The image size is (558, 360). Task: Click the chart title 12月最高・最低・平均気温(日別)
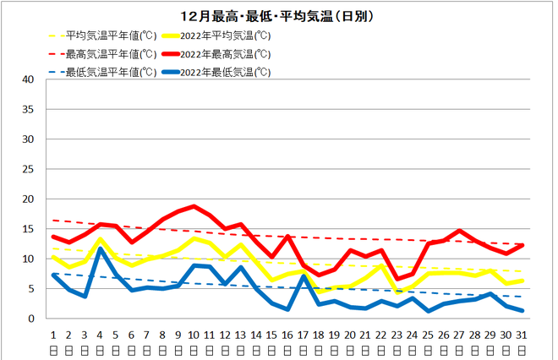[279, 16]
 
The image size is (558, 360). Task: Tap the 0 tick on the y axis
[30, 319]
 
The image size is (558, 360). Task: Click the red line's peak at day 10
[194, 206]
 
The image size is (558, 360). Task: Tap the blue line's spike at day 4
[101, 248]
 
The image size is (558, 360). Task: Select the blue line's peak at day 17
[304, 276]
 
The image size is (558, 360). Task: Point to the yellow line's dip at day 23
[397, 292]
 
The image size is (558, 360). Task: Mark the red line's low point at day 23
[397, 279]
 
